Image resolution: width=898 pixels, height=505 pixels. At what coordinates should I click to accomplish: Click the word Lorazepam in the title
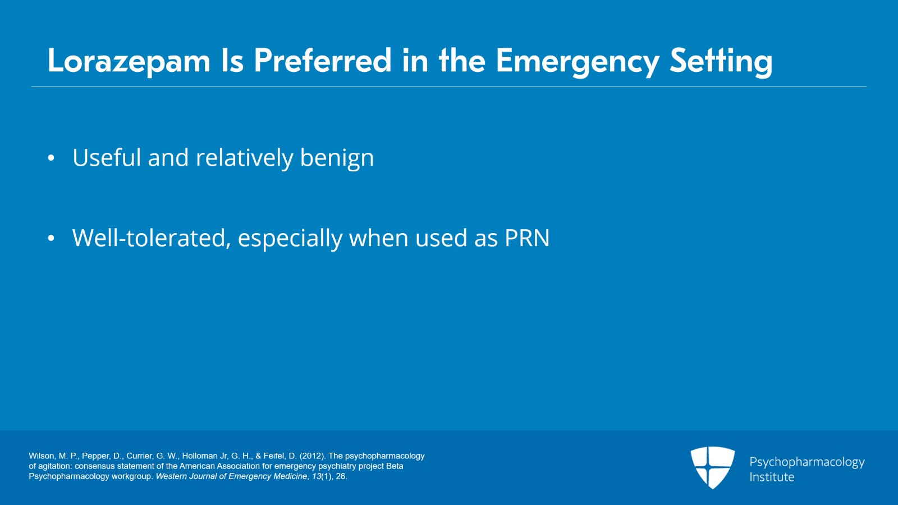pos(129,61)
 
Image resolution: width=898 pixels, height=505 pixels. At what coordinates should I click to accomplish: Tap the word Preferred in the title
pos(323,61)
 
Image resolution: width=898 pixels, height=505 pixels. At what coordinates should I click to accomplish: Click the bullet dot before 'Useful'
pos(51,158)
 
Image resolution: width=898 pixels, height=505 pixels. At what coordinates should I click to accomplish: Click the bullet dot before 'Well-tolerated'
pos(51,238)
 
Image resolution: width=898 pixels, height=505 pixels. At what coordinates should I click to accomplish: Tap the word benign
pos(337,158)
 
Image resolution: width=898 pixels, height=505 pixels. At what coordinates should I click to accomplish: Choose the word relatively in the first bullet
pos(245,158)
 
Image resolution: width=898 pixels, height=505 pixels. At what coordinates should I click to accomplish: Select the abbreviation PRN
pos(527,238)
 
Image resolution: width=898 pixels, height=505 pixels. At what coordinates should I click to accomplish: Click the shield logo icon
pos(712,467)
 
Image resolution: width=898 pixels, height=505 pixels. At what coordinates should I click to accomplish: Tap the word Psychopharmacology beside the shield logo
pos(807,462)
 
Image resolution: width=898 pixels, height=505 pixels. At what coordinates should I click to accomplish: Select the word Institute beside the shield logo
pos(772,477)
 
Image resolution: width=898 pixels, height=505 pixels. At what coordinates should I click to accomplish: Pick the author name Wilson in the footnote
pos(42,456)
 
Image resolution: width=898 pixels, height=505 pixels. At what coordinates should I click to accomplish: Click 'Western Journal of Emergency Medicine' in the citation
pos(231,476)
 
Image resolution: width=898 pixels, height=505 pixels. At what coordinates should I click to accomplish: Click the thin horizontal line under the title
pos(449,87)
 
